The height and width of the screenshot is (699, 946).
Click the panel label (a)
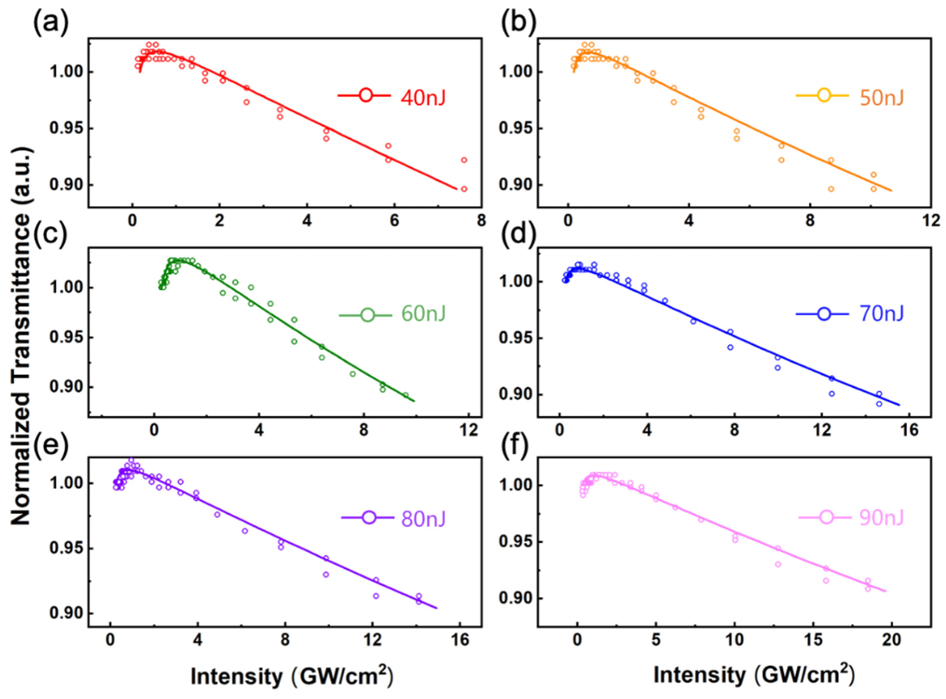coord(51,25)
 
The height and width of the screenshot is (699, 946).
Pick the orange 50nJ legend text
coord(882,97)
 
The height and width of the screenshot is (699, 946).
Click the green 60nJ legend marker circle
coord(366,315)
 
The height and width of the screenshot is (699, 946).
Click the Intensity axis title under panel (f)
coord(754,675)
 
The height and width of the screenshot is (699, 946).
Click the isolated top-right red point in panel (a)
coord(464,160)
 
